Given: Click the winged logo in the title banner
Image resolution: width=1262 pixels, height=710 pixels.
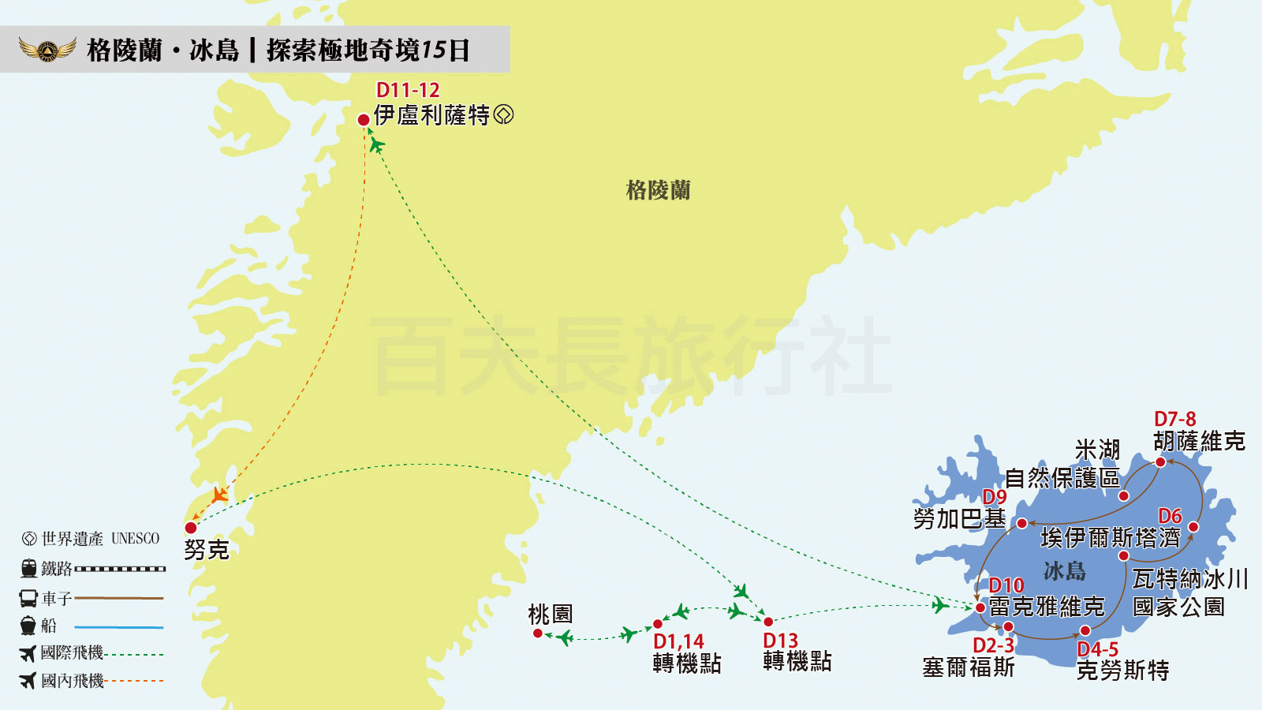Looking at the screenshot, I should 47,50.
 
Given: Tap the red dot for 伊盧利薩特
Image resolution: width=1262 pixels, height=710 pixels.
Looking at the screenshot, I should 364,120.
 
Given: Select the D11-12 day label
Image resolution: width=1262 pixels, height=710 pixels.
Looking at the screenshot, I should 408,90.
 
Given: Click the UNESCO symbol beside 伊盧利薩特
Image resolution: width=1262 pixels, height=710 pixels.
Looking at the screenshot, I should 503,115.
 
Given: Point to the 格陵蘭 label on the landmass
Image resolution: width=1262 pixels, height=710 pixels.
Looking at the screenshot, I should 658,190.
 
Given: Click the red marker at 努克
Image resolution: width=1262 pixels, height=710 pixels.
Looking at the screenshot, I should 191,528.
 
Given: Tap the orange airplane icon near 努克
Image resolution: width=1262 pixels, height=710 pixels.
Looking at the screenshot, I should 220,495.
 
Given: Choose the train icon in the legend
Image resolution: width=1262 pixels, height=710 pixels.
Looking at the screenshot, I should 29,568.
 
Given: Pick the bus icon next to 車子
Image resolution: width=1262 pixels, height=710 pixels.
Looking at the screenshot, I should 28,598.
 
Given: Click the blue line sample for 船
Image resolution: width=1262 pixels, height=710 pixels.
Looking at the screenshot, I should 119,627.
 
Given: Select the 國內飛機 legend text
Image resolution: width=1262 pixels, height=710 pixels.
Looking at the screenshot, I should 73,680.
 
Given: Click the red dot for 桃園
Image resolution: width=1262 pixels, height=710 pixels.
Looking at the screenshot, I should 538,633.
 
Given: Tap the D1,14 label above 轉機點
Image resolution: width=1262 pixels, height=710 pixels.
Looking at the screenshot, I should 678,641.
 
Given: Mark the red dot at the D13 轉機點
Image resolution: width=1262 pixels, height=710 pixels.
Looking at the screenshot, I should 768,622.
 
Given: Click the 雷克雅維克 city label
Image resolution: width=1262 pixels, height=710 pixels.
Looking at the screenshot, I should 1047,607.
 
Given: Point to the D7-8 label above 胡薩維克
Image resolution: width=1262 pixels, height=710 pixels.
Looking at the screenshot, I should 1174,419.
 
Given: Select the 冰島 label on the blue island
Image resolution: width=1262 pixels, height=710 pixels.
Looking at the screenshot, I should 1065,570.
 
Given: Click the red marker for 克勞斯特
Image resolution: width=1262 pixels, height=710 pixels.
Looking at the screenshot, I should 1085,630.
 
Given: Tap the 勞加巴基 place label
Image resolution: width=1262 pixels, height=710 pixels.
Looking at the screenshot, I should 959,519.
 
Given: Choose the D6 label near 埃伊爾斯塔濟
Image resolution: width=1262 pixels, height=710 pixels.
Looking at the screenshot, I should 1170,516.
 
